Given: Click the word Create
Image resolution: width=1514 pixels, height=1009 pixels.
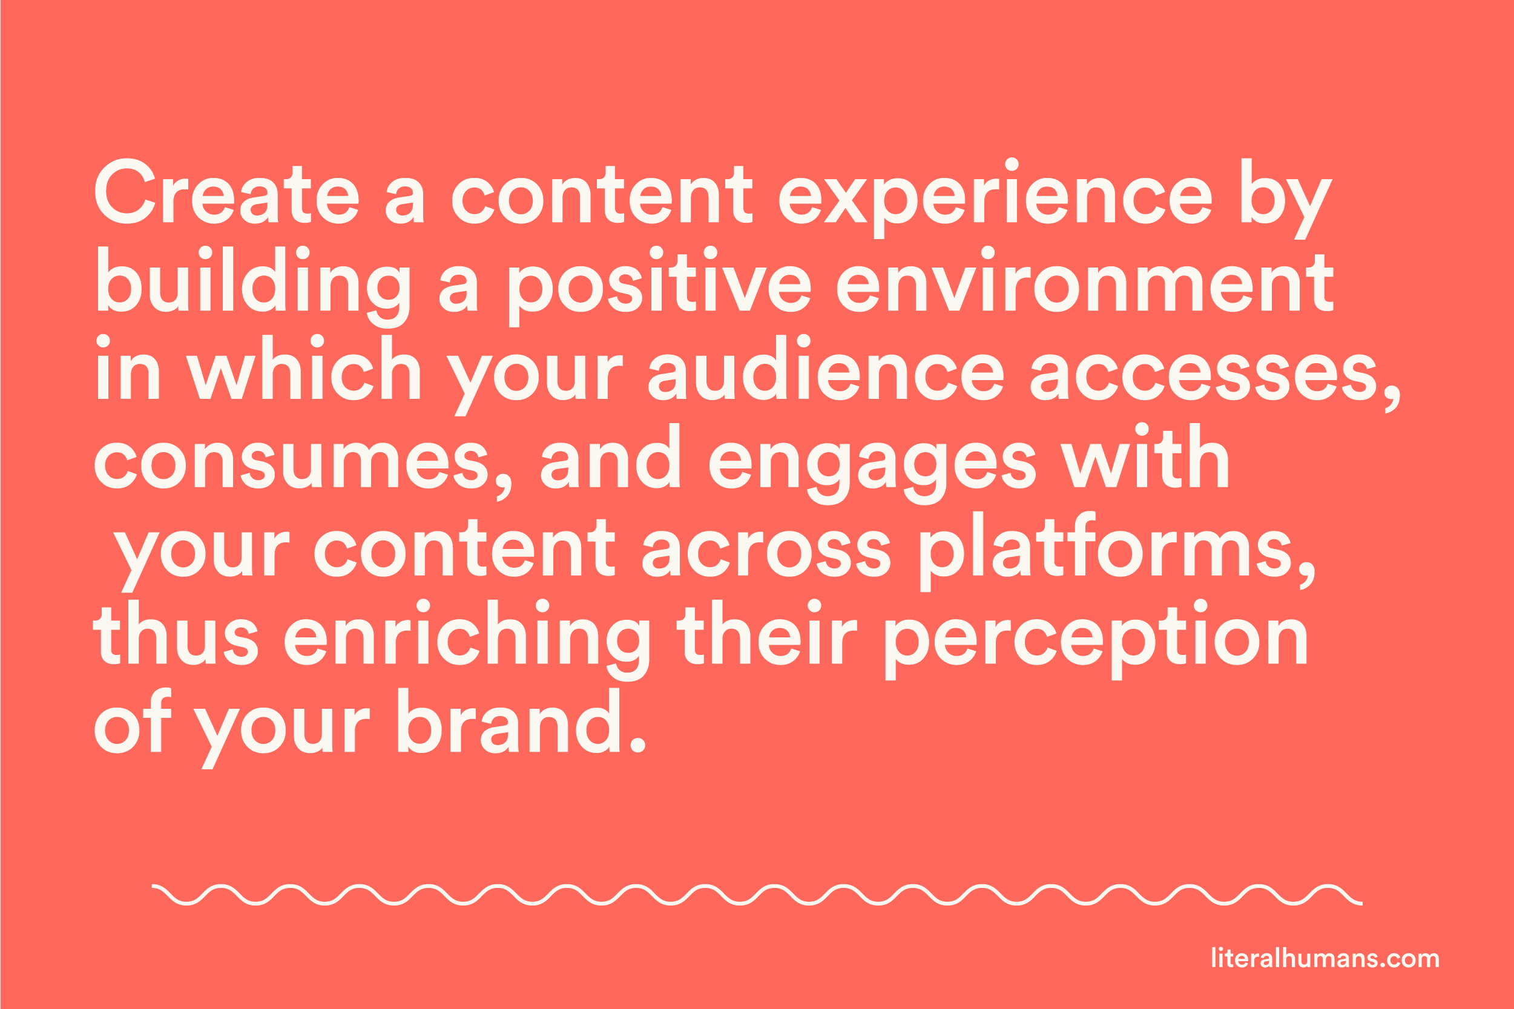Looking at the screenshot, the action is click(x=226, y=191).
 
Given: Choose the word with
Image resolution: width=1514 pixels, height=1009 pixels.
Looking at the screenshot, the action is click(x=1145, y=456).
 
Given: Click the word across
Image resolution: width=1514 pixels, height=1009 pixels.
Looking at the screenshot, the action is click(x=766, y=553).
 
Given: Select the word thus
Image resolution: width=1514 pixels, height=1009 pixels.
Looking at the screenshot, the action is click(x=176, y=632).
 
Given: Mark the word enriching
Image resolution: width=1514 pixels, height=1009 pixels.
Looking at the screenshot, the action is click(x=467, y=640).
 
